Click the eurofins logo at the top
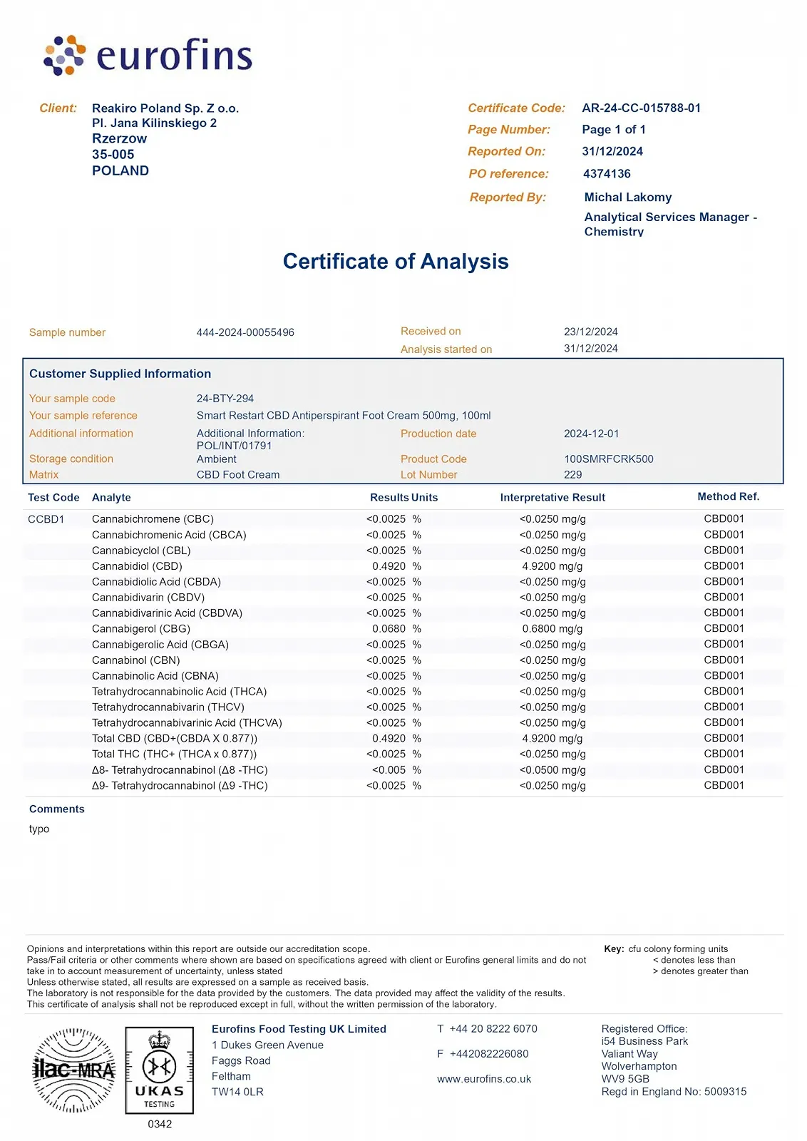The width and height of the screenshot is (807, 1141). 148,55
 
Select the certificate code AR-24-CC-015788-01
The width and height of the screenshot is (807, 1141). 641,108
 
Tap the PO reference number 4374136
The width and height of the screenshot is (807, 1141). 607,174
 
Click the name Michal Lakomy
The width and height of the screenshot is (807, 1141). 627,198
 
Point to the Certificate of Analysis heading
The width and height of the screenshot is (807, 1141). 396,262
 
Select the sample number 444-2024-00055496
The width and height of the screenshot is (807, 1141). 245,333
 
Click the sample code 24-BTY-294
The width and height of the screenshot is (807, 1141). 225,399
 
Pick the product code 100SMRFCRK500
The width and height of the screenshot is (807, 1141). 608,459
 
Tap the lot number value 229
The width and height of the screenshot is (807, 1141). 572,475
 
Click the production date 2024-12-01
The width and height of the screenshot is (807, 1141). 591,434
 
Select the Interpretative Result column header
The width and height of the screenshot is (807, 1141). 552,498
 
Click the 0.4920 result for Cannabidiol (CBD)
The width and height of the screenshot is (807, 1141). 389,566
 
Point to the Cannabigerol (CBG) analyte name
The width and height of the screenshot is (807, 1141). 141,629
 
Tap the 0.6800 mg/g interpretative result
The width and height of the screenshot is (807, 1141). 552,629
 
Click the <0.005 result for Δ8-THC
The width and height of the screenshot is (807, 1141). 389,770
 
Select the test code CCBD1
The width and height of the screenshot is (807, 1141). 46,519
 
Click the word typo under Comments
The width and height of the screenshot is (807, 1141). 39,829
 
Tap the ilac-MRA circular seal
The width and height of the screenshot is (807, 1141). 74,1070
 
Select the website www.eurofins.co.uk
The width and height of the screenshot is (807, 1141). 484,1080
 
